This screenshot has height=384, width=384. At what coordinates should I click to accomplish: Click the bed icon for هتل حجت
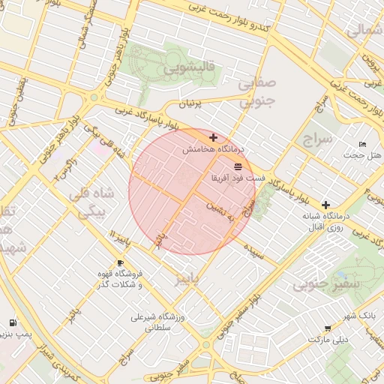tap(363, 144)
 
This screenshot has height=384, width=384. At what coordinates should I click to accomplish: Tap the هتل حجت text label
tap(362, 155)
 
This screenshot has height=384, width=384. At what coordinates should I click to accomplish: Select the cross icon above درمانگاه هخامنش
tap(214, 138)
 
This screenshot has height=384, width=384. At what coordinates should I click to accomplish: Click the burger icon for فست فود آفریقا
tap(238, 165)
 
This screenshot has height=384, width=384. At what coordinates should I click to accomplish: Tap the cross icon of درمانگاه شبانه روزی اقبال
tap(325, 205)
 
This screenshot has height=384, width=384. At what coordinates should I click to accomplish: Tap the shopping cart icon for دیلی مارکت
tap(328, 328)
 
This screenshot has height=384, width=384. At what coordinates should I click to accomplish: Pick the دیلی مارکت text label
tap(330, 340)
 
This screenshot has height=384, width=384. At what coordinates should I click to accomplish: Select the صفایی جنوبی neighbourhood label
tap(257, 94)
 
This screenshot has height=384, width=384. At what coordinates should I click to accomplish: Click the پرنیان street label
tap(190, 105)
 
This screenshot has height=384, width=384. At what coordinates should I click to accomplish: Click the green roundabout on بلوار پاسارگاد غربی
tap(93, 97)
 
